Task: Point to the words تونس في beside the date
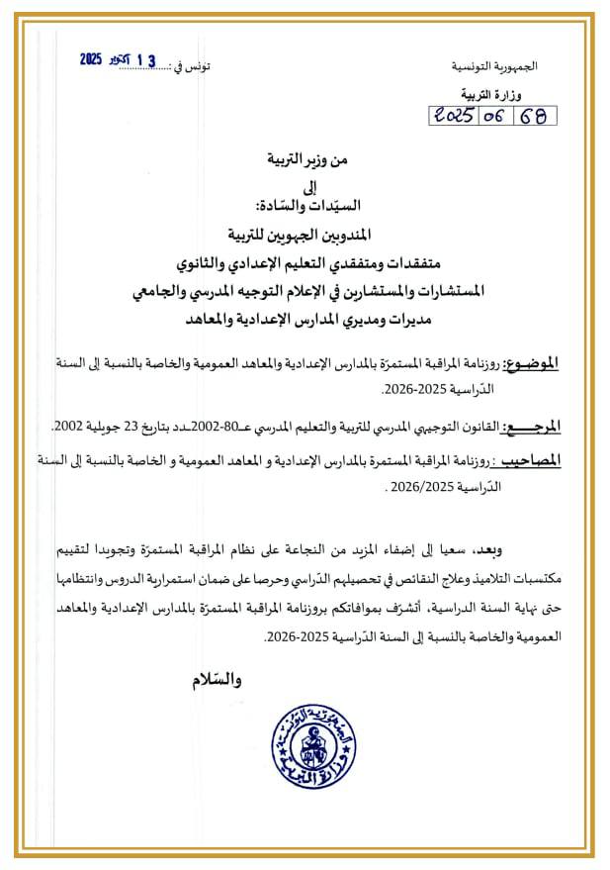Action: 191,66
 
